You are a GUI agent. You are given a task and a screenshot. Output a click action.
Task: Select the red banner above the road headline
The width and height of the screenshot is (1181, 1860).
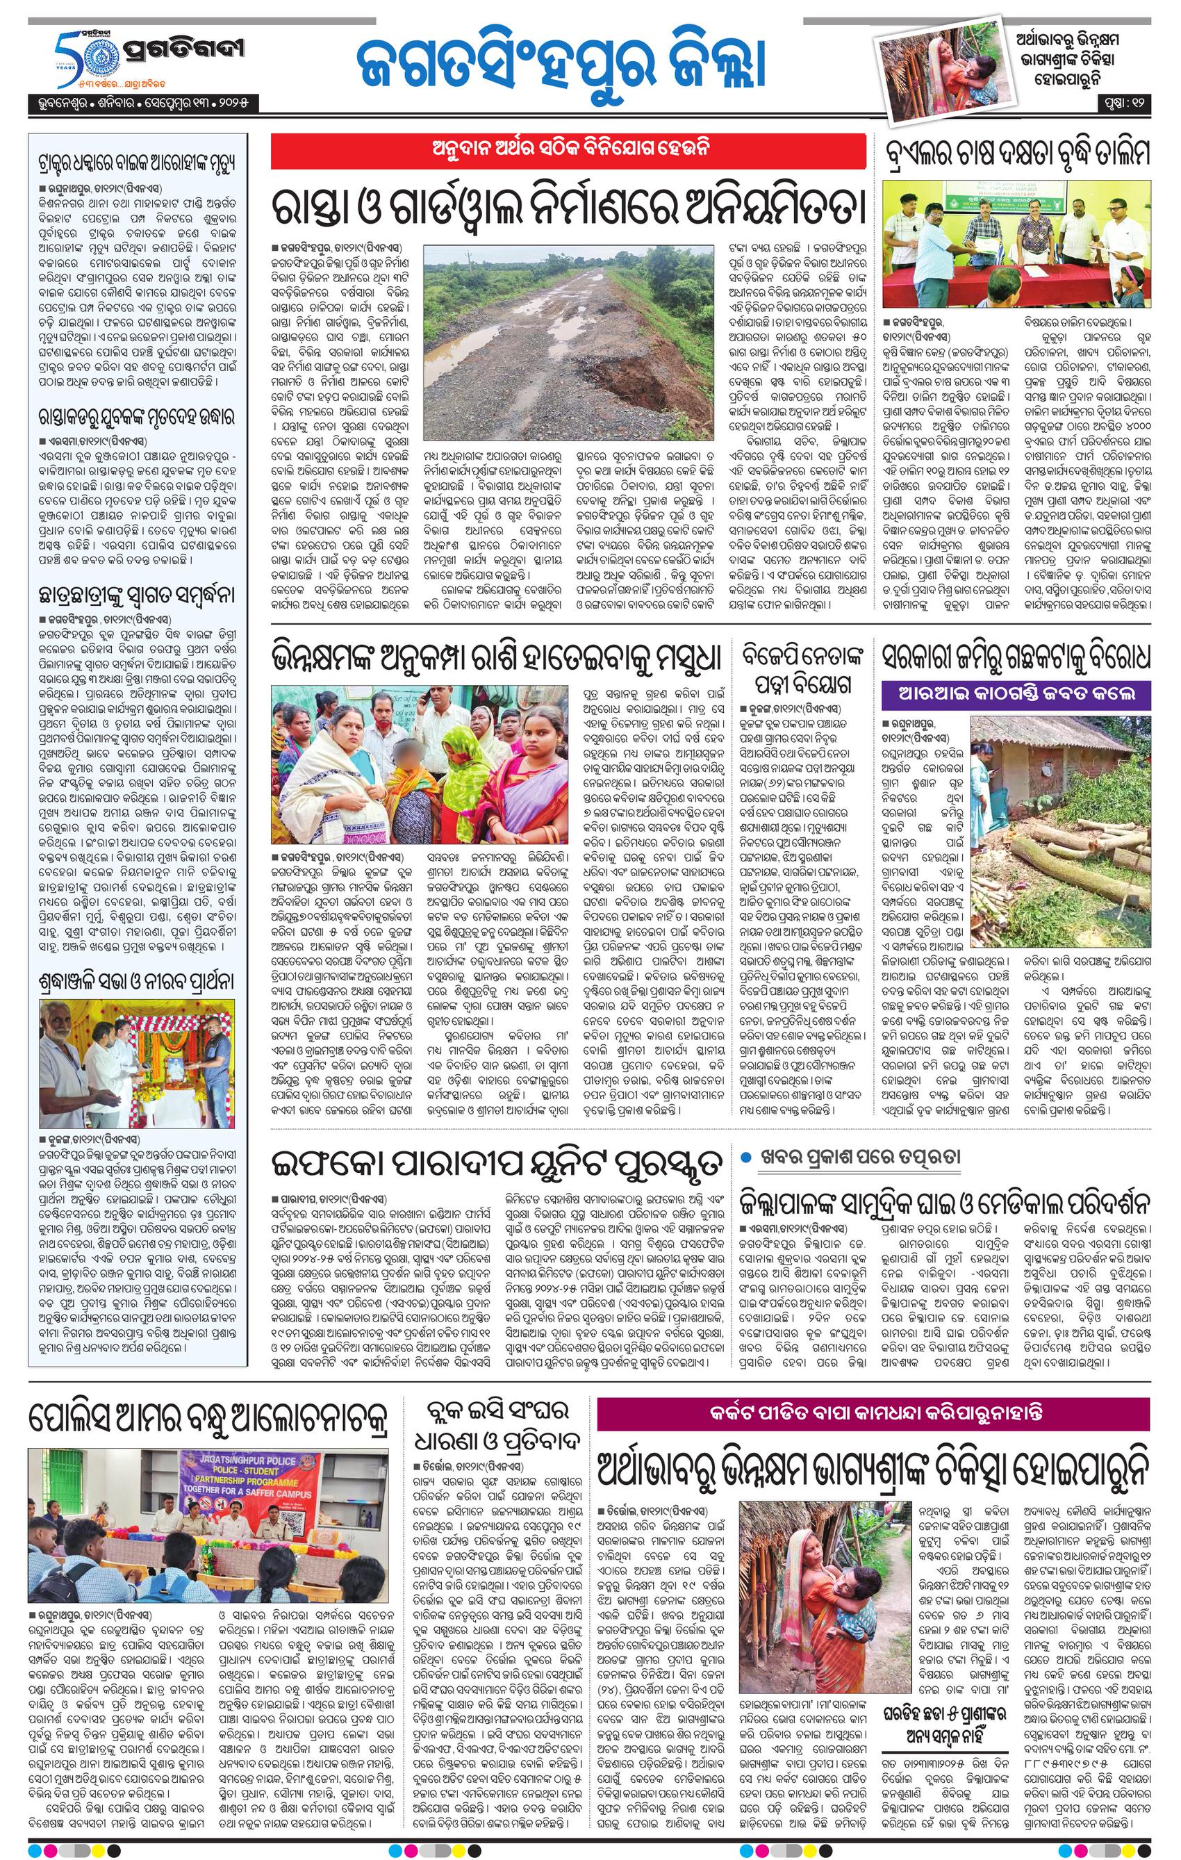(568, 151)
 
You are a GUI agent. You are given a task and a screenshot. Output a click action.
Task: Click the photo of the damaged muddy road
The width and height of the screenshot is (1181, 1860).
(569, 341)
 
